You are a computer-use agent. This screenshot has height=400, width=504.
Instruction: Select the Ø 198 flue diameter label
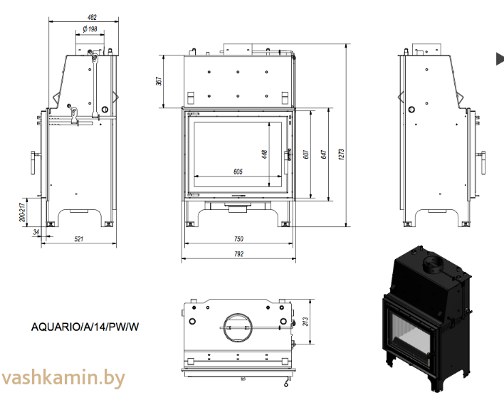click(x=90, y=29)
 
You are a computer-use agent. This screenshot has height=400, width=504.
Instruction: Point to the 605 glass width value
click(x=238, y=172)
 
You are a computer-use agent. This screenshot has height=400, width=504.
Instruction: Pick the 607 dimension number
click(x=305, y=154)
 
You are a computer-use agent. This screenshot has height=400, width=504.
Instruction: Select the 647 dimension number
click(x=324, y=154)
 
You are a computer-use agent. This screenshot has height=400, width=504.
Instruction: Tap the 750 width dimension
click(x=238, y=238)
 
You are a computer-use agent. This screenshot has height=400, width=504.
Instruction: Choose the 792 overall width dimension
click(x=238, y=253)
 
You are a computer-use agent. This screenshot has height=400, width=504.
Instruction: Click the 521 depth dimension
click(x=79, y=238)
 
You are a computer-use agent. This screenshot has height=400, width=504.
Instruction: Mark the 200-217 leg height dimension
click(x=23, y=211)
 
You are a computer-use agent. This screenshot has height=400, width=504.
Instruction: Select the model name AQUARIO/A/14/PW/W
click(x=85, y=327)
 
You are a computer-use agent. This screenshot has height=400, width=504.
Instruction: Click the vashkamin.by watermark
click(x=63, y=377)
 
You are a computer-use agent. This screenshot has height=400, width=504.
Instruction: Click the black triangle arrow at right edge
click(x=500, y=59)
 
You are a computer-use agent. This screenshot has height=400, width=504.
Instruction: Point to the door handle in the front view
click(x=288, y=154)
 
